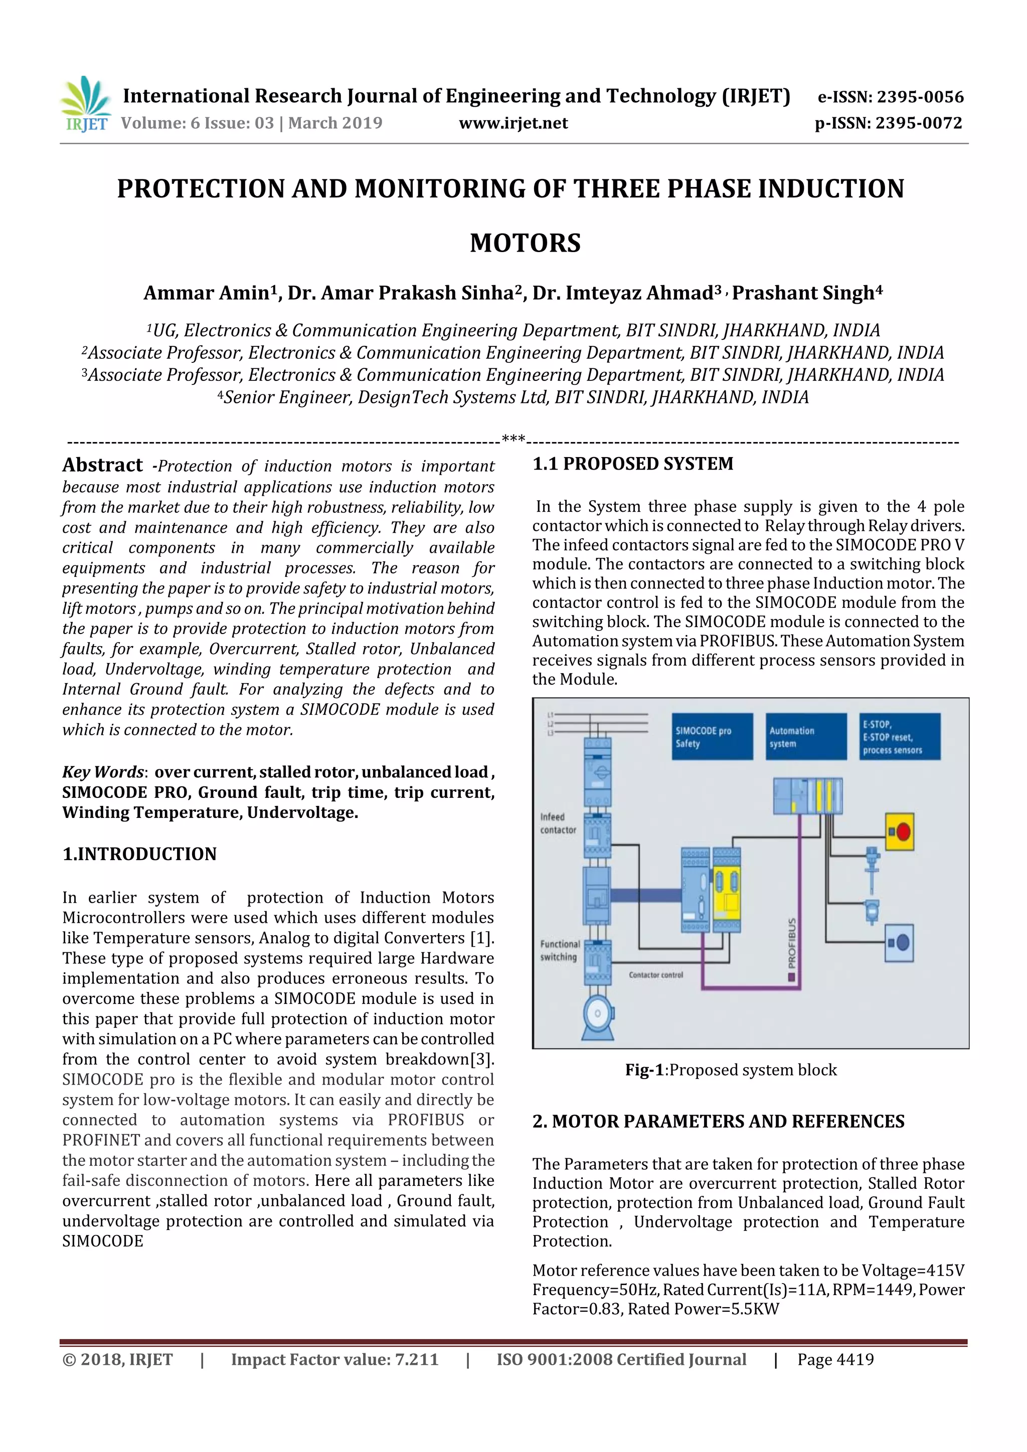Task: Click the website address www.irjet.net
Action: (513, 123)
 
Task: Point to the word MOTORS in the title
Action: (525, 244)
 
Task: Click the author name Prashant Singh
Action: (806, 293)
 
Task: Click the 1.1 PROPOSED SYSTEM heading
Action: (632, 464)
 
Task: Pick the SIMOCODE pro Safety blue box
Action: (713, 737)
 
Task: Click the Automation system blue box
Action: (805, 737)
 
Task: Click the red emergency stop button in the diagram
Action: (901, 831)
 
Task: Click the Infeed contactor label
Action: (558, 823)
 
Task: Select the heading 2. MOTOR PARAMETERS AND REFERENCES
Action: (718, 1121)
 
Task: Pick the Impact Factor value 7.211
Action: (416, 1360)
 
